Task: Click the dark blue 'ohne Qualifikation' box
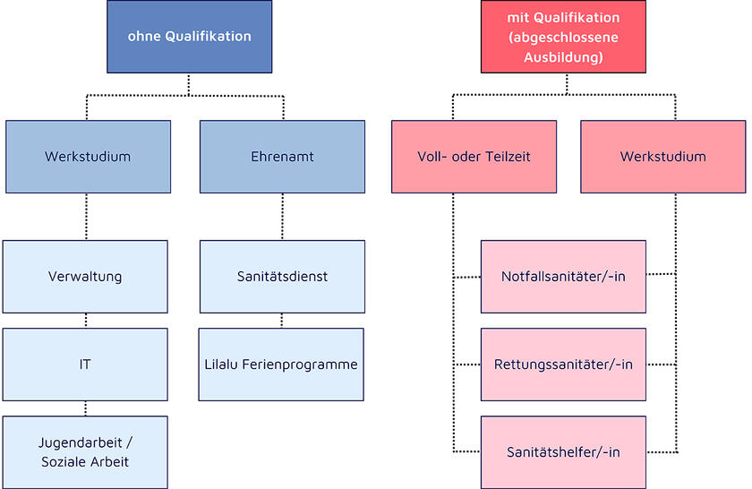[189, 37]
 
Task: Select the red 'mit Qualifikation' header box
[563, 37]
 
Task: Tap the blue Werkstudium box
[87, 157]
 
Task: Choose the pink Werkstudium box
[662, 157]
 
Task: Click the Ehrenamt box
[281, 157]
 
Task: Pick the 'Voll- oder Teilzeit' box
[474, 157]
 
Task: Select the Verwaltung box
[85, 276]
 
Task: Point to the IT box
[85, 365]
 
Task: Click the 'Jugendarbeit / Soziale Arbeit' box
[85, 452]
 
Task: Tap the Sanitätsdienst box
[281, 276]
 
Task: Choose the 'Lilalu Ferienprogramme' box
[281, 365]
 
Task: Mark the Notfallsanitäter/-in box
[563, 276]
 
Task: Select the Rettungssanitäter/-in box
[563, 365]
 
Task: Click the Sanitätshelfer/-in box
[563, 452]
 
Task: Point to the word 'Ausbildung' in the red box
[563, 57]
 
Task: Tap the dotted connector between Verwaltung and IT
[85, 321]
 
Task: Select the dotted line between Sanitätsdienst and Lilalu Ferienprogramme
[282, 321]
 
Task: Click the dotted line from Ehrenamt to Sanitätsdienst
[282, 217]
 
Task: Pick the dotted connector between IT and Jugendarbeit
[85, 408]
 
